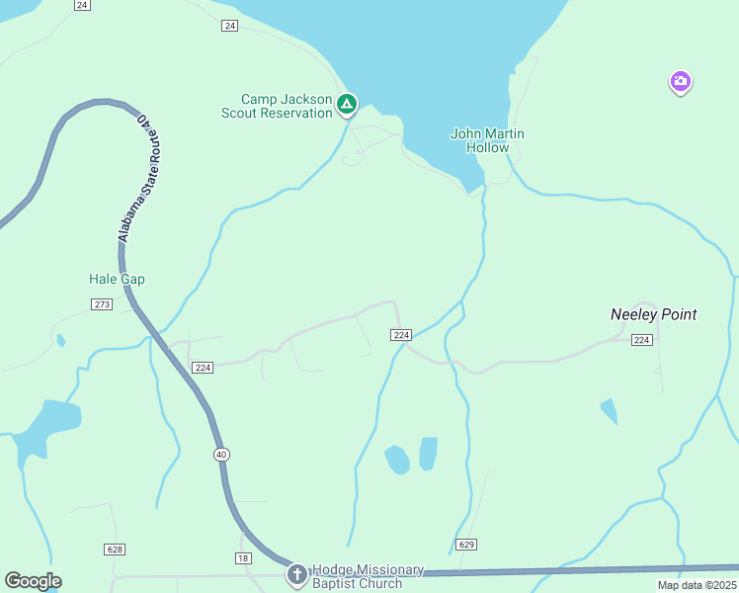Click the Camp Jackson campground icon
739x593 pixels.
[x=347, y=103]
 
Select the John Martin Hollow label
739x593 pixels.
[x=487, y=140]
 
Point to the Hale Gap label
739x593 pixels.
[x=117, y=279]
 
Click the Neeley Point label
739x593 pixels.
[x=653, y=314]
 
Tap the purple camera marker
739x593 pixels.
[x=680, y=82]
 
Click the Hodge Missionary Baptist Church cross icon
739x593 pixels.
[x=296, y=573]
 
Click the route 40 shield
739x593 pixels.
[x=221, y=454]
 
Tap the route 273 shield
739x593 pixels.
[x=101, y=304]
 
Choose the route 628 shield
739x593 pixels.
[x=114, y=549]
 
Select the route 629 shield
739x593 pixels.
[x=467, y=545]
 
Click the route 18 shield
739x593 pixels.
[x=243, y=558]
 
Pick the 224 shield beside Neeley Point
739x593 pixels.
[x=642, y=340]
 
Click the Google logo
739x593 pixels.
[x=33, y=580]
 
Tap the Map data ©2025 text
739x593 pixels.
[x=696, y=585]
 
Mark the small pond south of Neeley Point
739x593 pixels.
[x=609, y=411]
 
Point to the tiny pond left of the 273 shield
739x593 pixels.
[x=61, y=341]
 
